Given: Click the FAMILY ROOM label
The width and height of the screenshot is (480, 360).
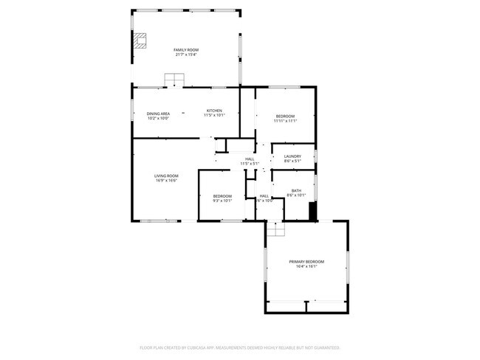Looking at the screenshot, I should click(186, 49).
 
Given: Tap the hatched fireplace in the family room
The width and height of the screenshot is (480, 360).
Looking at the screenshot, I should click(140, 41).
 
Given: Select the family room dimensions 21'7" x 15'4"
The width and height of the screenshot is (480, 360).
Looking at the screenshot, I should click(186, 55).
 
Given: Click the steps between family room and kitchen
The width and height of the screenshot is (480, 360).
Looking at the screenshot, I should click(174, 79).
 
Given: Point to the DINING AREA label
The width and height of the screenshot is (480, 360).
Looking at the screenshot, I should click(158, 113).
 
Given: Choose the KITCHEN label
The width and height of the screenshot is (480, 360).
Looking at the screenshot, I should click(214, 111).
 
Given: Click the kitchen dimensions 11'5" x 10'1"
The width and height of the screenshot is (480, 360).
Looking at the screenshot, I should click(214, 116).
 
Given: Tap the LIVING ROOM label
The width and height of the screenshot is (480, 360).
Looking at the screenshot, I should click(165, 176).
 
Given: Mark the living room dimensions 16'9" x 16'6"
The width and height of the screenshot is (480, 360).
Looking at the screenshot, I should click(165, 181).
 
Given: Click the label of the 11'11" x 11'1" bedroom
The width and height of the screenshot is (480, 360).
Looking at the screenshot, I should click(285, 116).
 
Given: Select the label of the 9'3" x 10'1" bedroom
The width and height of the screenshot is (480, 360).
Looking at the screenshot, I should click(222, 195).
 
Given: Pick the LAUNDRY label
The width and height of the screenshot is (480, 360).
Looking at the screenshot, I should click(292, 156).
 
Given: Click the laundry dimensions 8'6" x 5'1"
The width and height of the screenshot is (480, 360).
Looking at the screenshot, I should click(292, 161).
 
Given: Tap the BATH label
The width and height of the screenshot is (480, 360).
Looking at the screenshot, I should click(295, 191).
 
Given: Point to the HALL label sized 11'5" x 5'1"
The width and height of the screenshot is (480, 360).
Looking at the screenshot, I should click(250, 159).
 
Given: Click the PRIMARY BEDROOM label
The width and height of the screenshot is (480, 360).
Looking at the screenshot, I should click(306, 262).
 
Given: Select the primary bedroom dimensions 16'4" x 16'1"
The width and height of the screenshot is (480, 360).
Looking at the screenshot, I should click(306, 267).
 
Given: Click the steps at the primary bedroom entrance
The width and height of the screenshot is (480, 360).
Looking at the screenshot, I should click(275, 229).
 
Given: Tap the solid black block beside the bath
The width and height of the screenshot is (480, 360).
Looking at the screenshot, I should click(312, 210).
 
